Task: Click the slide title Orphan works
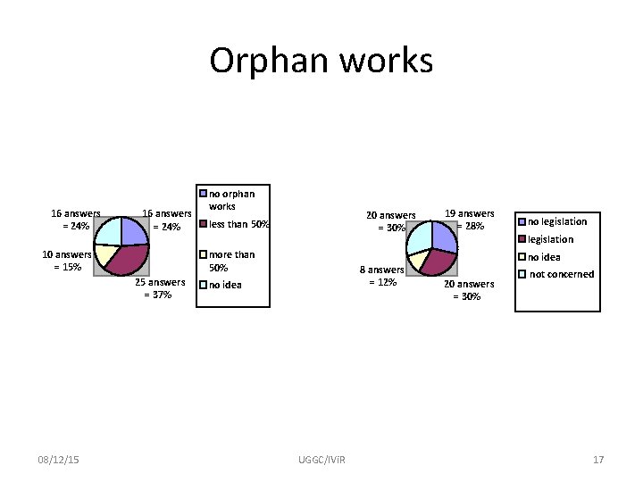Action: [x=321, y=61]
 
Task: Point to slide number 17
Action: [x=598, y=459]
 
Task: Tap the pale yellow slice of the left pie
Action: [x=104, y=253]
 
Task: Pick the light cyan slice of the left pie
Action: [x=107, y=230]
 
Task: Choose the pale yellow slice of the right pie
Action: [x=416, y=262]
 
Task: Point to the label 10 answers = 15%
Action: [x=67, y=260]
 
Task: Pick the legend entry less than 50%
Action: [x=238, y=223]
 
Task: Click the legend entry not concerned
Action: [x=562, y=274]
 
